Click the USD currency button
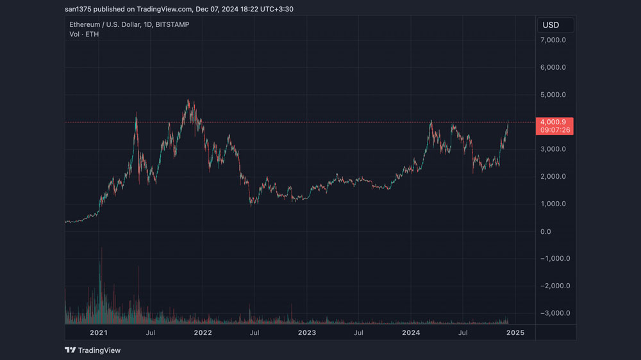[x=555, y=26]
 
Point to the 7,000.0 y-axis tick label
[x=553, y=40]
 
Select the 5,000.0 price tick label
[x=553, y=95]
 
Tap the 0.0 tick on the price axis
[x=545, y=232]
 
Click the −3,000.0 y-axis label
[x=555, y=313]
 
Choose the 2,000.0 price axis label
[x=553, y=177]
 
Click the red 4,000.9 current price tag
[x=553, y=122]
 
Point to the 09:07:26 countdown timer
[x=555, y=130]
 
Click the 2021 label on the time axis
[x=99, y=332]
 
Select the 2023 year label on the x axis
[x=307, y=332]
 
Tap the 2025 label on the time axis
[x=515, y=332]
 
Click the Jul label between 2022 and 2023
[x=254, y=332]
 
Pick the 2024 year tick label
[x=411, y=332]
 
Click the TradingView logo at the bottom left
[x=93, y=350]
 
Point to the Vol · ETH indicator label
[x=84, y=35]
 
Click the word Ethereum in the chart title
[x=85, y=24]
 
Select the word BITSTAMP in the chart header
[x=172, y=24]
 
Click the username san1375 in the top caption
[x=78, y=9]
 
